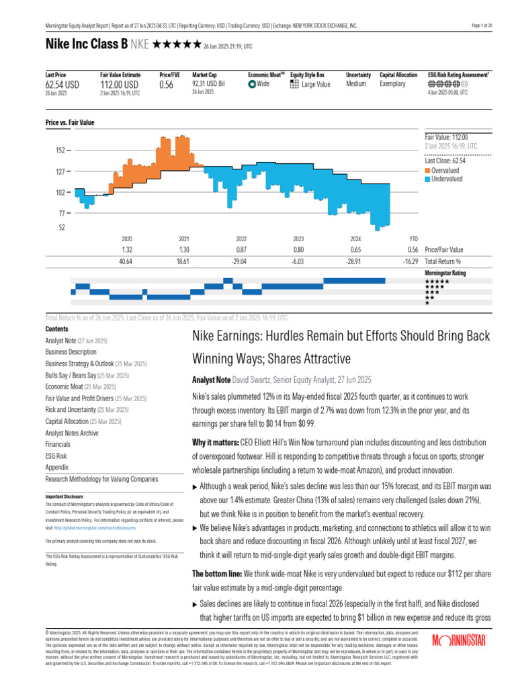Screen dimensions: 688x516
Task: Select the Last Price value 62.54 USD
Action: tap(62, 85)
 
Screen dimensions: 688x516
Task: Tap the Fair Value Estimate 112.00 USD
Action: tap(120, 85)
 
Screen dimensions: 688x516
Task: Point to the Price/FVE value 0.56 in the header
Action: tap(166, 85)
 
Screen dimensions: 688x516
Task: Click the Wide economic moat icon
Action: tap(251, 85)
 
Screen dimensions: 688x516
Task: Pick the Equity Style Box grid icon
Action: tap(294, 84)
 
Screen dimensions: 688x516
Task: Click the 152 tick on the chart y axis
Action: tap(60, 150)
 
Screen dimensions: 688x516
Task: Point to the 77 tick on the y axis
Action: tap(60, 212)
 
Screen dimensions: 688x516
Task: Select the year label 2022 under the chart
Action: tap(241, 239)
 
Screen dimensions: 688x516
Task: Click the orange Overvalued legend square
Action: tap(427, 171)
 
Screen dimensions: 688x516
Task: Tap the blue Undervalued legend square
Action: tap(427, 179)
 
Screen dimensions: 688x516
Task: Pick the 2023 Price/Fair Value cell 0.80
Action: tap(299, 249)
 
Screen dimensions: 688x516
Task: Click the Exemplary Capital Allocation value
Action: tap(393, 84)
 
